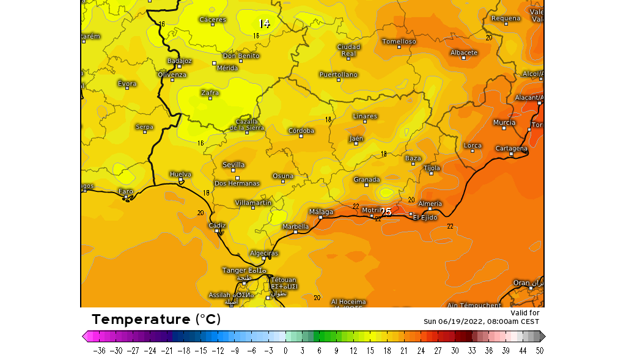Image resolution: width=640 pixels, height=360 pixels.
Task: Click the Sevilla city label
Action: [x=234, y=164]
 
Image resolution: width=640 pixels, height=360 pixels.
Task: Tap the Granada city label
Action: [x=367, y=180]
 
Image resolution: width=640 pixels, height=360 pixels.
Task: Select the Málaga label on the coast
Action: [x=321, y=212]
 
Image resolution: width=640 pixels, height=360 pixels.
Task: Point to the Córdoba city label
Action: [x=301, y=131]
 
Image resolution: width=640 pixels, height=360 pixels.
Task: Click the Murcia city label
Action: [x=504, y=123]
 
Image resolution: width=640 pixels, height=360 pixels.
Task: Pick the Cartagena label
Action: [x=511, y=149]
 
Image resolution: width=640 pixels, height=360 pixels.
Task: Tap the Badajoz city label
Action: [x=180, y=61]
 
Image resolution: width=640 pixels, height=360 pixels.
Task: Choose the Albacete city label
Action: [x=464, y=53]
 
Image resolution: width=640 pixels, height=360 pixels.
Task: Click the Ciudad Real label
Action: [x=348, y=50]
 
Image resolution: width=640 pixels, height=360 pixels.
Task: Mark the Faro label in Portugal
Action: [x=125, y=191]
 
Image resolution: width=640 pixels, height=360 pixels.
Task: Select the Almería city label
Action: [x=430, y=204]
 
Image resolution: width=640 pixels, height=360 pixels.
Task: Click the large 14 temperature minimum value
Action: [x=264, y=24]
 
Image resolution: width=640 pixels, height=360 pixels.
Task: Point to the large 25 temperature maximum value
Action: [x=386, y=212]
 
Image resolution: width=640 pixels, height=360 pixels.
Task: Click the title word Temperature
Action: [x=141, y=319]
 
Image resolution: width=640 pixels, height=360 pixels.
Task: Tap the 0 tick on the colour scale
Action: [x=285, y=351]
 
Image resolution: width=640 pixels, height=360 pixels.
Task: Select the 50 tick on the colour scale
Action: [x=539, y=351]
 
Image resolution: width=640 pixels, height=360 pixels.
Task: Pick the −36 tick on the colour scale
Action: [x=100, y=351]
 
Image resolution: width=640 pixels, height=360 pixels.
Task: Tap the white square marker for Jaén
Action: [x=356, y=144]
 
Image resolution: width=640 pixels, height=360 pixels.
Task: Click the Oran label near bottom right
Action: [x=521, y=283]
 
